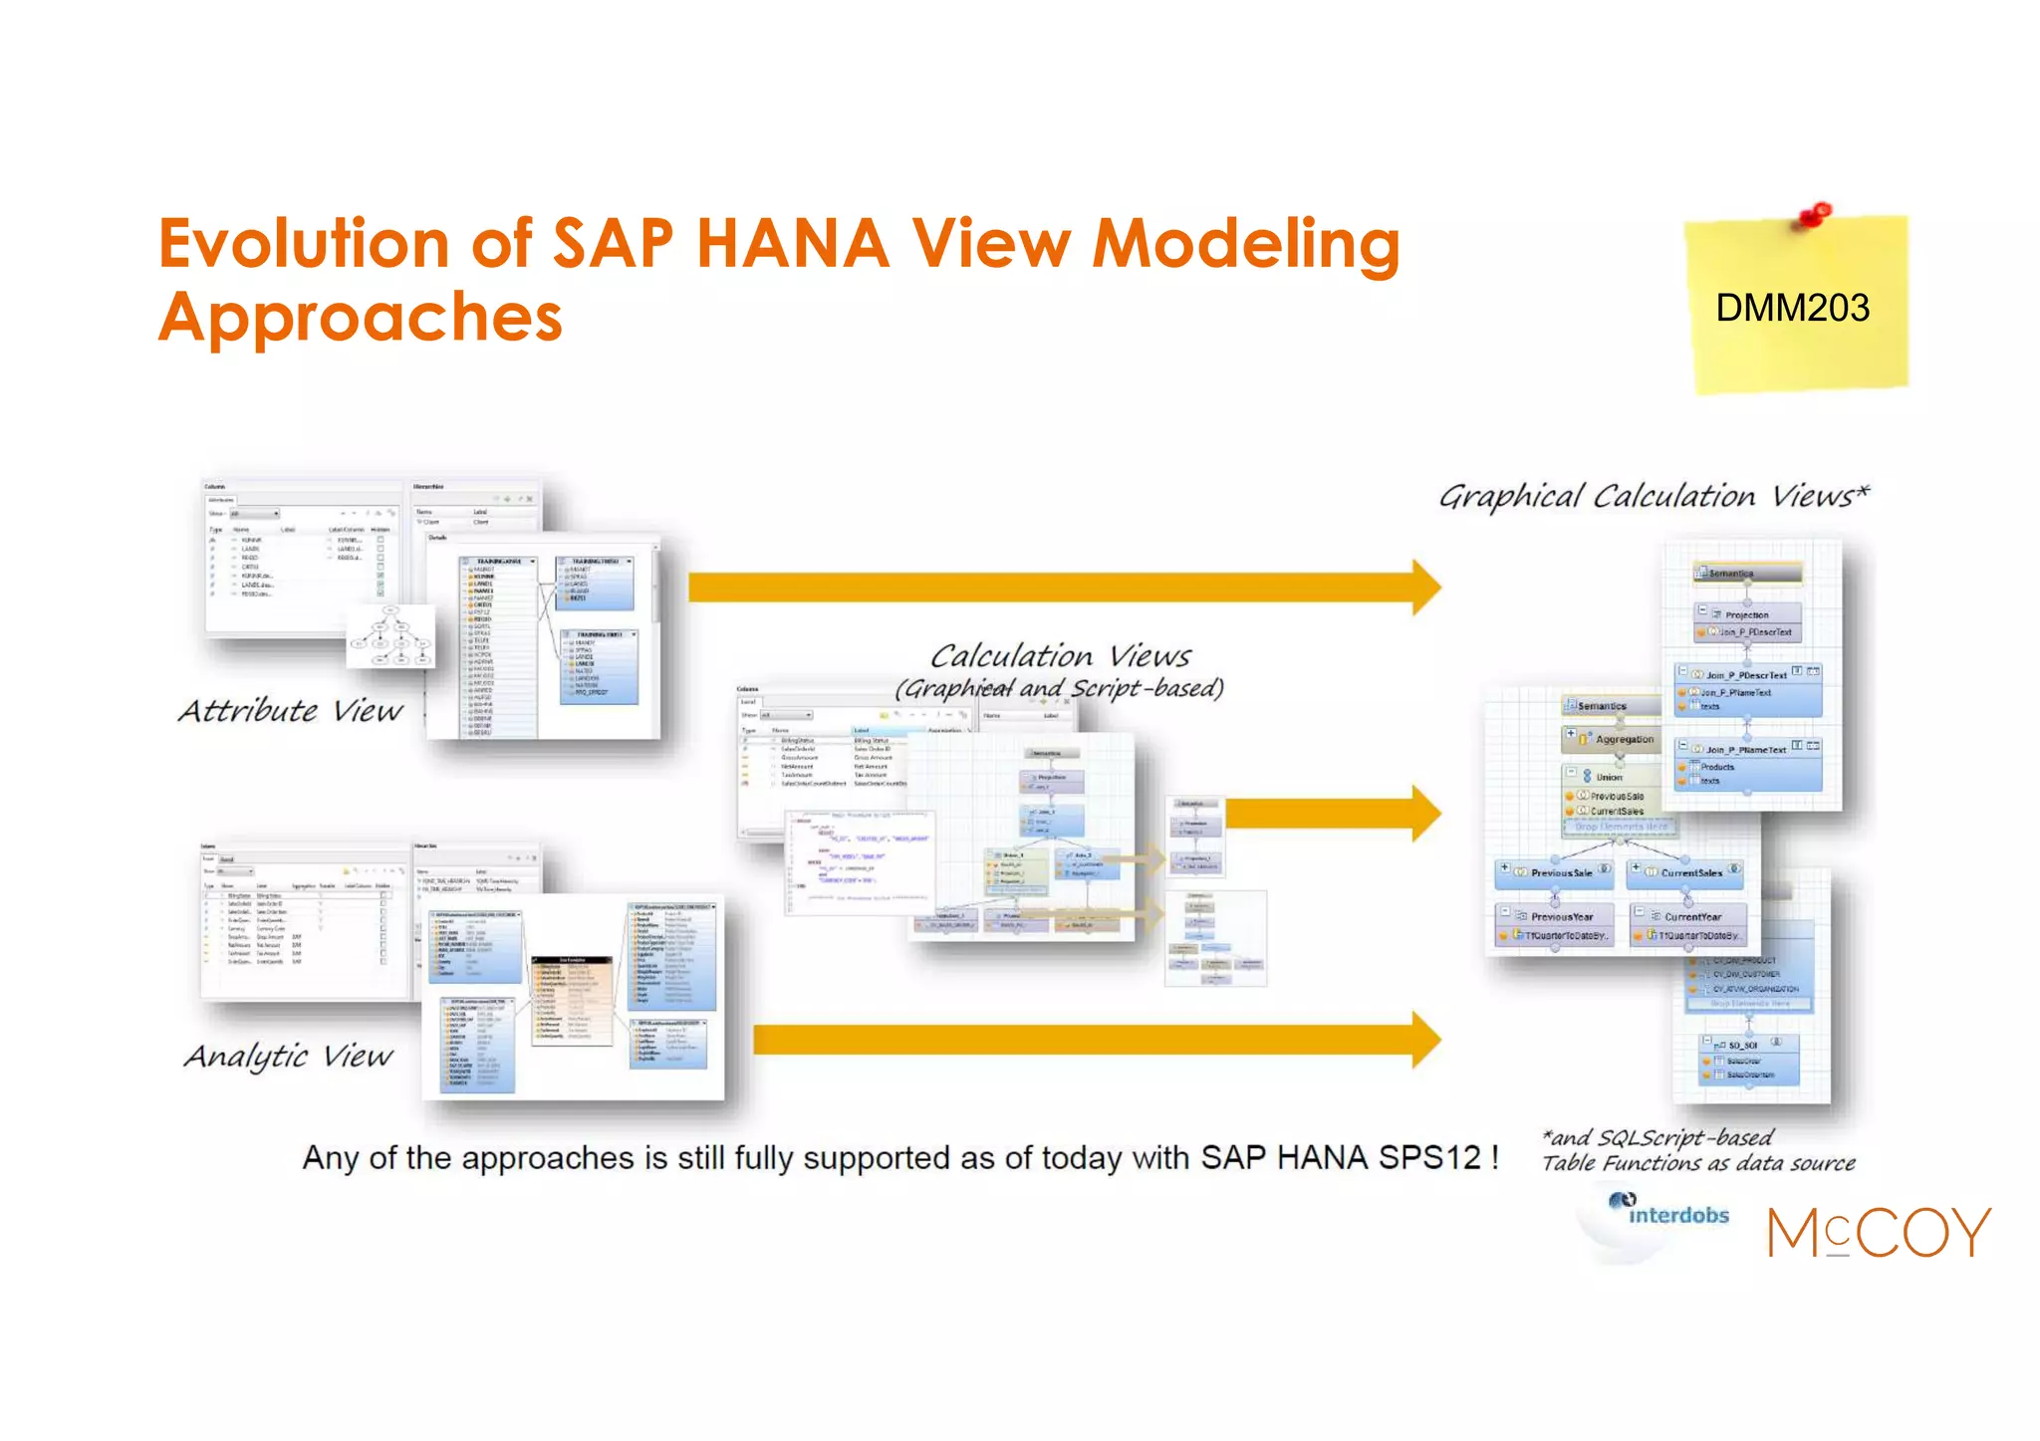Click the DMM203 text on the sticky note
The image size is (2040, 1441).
1791,308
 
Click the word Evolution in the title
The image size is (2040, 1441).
304,244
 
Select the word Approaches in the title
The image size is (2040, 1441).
361,318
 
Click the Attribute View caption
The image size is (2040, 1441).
291,711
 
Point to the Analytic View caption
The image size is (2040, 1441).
289,1056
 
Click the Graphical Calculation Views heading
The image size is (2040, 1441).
1654,496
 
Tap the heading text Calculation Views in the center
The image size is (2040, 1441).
1060,656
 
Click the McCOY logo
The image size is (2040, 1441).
1879,1233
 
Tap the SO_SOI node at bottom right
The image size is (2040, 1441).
1743,1045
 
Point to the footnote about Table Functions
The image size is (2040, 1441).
1697,1151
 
